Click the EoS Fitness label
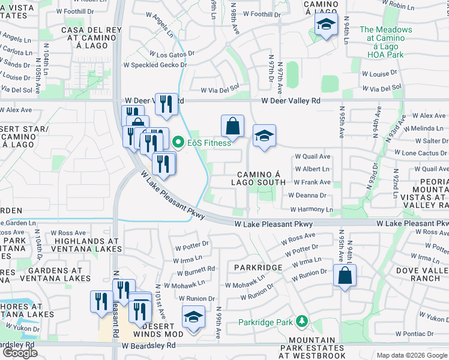pyautogui.click(x=209, y=143)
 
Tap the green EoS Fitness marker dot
pyautogui.click(x=178, y=143)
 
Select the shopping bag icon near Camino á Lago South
pyautogui.click(x=232, y=126)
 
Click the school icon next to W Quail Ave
pyautogui.click(x=264, y=136)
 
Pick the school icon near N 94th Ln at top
pyautogui.click(x=326, y=25)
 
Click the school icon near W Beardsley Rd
pyautogui.click(x=193, y=317)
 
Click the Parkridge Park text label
pyautogui.click(x=265, y=322)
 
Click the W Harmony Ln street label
pyautogui.click(x=311, y=209)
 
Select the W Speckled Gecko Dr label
pyautogui.click(x=155, y=64)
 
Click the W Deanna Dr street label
pyautogui.click(x=307, y=195)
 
